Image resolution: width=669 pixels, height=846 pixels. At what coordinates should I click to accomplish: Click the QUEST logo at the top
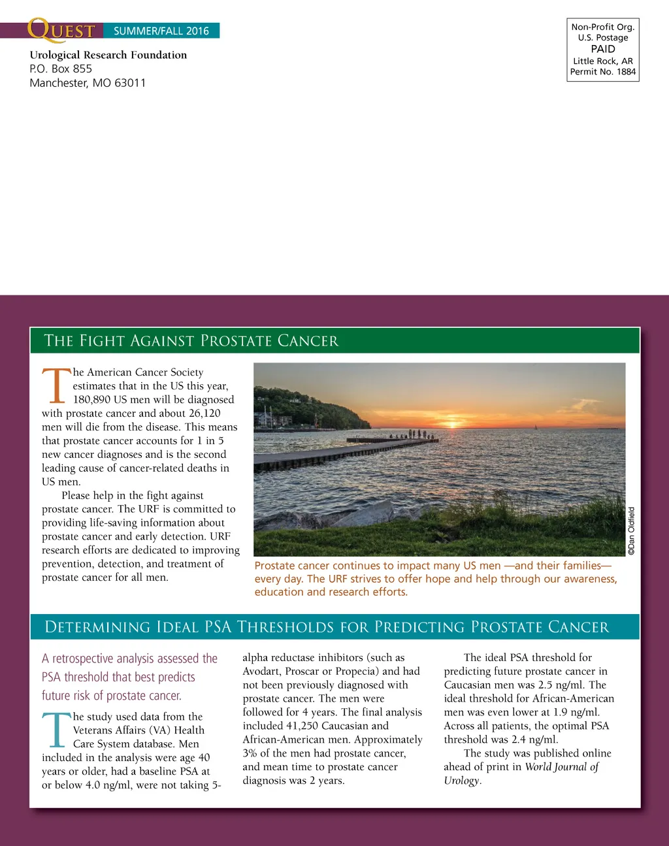pos(61,30)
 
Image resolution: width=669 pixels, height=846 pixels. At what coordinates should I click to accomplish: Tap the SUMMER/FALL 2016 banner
pos(161,31)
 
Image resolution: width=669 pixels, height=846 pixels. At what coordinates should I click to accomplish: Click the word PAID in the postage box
pos(603,49)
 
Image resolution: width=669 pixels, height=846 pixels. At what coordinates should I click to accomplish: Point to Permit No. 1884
pos(603,72)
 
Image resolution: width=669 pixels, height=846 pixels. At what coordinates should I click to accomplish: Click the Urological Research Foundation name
pos(108,55)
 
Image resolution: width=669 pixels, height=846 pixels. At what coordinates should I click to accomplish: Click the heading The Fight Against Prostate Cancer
pos(191,340)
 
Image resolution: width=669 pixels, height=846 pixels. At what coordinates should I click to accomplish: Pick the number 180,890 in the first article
pos(92,399)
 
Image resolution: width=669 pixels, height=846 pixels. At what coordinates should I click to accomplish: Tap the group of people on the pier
pos(413,434)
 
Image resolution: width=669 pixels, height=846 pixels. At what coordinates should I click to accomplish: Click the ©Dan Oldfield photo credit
pos(631,530)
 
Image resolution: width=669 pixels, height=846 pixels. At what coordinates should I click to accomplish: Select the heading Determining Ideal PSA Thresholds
pos(327,627)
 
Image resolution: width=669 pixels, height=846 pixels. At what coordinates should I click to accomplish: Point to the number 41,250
pos(302,726)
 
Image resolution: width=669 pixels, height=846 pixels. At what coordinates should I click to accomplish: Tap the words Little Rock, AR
pos(603,61)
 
